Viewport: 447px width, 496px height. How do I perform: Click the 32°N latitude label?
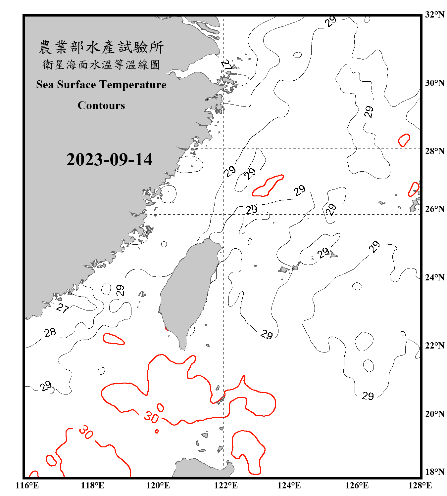point(434,15)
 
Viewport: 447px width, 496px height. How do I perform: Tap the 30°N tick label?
point(434,83)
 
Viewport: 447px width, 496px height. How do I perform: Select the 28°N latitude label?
point(434,151)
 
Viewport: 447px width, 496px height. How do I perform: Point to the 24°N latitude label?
point(434,277)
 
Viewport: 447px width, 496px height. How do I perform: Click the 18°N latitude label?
point(434,472)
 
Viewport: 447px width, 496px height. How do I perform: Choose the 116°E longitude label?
point(27,485)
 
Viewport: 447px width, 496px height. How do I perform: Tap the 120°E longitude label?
point(158,485)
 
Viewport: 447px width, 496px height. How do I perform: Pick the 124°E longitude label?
point(289,485)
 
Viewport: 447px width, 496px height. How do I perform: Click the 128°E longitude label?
point(420,485)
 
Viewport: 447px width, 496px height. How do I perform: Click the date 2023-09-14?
point(109,160)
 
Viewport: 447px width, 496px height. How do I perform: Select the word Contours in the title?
point(101,105)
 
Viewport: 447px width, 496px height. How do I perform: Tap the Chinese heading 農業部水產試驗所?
point(101,47)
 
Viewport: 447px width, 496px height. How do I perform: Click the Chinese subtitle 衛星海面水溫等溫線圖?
point(101,64)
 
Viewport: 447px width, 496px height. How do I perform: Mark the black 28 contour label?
point(50,332)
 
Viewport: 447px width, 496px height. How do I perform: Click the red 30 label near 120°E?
point(151,417)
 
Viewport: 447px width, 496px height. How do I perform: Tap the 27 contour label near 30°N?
point(227,64)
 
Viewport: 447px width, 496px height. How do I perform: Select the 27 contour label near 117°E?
point(63,308)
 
